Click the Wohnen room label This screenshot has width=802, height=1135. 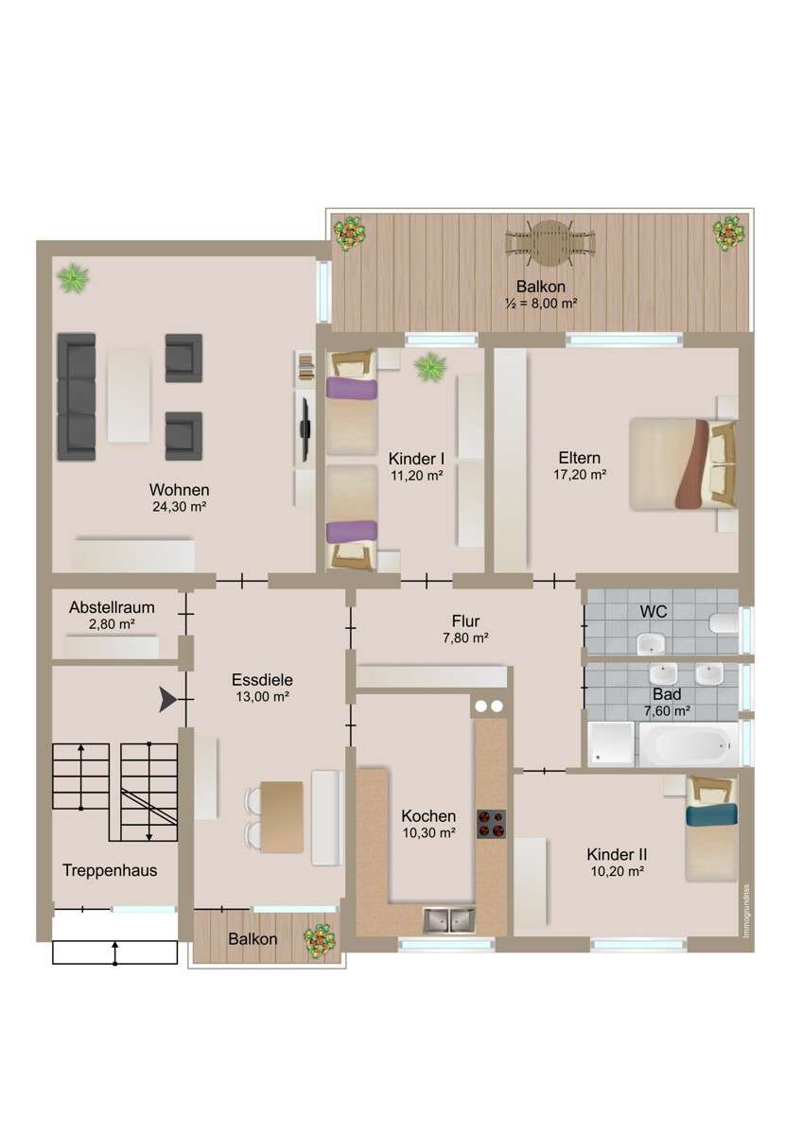pyautogui.click(x=179, y=490)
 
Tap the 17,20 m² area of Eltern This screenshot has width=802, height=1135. pyautogui.click(x=580, y=474)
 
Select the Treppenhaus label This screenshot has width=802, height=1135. pyautogui.click(x=110, y=870)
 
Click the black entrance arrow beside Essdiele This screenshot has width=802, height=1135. pyautogui.click(x=167, y=700)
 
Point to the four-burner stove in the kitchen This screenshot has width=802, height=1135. pyautogui.click(x=491, y=825)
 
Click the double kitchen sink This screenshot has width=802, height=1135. pyautogui.click(x=449, y=920)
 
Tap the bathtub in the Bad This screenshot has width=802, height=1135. pyautogui.click(x=689, y=743)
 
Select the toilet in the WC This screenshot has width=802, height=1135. pyautogui.click(x=724, y=622)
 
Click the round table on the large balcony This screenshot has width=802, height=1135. pyautogui.click(x=549, y=243)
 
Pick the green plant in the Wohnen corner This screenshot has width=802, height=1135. pyautogui.click(x=73, y=278)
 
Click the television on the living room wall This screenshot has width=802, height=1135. pyautogui.click(x=305, y=430)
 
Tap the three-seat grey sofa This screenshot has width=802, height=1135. pyautogui.click(x=77, y=396)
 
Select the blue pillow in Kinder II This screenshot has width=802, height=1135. pyautogui.click(x=712, y=815)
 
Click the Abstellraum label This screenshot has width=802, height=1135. pyautogui.click(x=112, y=607)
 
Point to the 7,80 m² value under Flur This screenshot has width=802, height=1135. pyautogui.click(x=465, y=637)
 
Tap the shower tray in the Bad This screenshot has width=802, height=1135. pyautogui.click(x=611, y=743)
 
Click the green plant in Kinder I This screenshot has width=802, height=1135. pyautogui.click(x=430, y=366)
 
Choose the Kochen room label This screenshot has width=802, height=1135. pyautogui.click(x=428, y=815)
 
